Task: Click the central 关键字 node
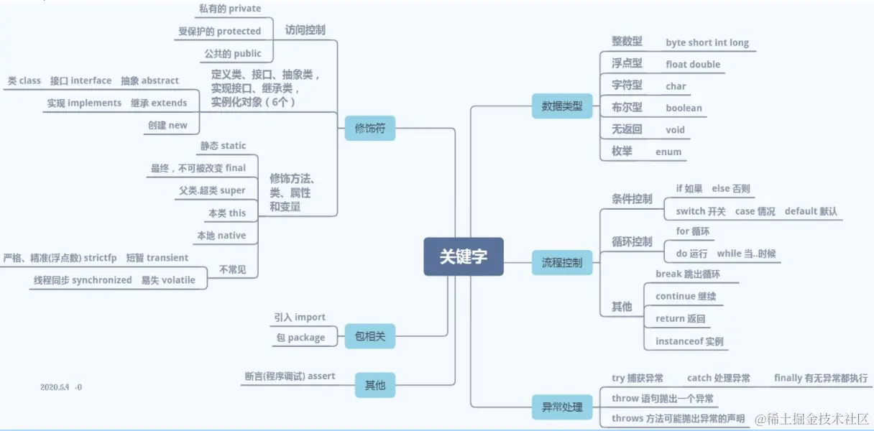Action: coord(464,256)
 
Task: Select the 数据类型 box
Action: coord(561,107)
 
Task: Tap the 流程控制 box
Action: coord(561,263)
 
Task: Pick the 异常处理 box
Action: coord(561,408)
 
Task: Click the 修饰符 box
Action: coord(369,128)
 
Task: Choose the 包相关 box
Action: coord(369,335)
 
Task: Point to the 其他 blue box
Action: coord(375,385)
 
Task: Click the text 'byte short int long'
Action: coord(707,43)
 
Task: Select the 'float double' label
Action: coord(692,65)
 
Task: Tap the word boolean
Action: coord(684,108)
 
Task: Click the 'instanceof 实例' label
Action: coord(689,341)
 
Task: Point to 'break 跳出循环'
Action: coord(687,274)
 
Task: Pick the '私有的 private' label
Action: coord(230,9)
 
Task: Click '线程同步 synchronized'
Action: coord(83,280)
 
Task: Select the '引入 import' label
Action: coord(299,317)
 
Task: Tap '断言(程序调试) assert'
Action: coord(290,376)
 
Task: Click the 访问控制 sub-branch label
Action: coord(305,30)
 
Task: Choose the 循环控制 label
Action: coord(632,241)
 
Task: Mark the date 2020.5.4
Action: coord(54,387)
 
